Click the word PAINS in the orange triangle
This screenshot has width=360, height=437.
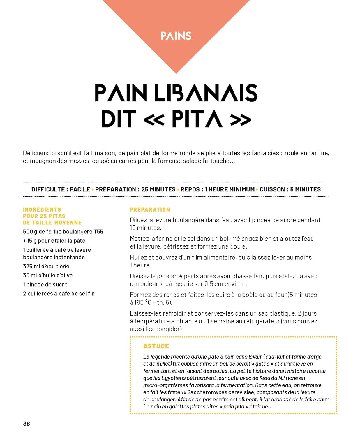[176, 36]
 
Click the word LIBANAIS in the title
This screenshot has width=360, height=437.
[205, 93]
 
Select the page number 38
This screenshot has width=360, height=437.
[27, 424]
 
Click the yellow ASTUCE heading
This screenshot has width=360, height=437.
[156, 346]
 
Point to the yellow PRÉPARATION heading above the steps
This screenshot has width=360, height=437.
[150, 209]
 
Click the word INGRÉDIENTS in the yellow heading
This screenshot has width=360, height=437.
[42, 209]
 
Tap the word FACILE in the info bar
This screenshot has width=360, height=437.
[80, 189]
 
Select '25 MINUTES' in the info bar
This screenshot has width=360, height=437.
[158, 189]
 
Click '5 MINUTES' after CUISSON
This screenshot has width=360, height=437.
[305, 189]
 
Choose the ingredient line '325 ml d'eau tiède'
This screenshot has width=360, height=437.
[46, 266]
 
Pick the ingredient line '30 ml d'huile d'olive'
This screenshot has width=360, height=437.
[48, 275]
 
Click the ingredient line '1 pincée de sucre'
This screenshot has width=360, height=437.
[45, 284]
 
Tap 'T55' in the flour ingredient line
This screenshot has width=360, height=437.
[98, 232]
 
